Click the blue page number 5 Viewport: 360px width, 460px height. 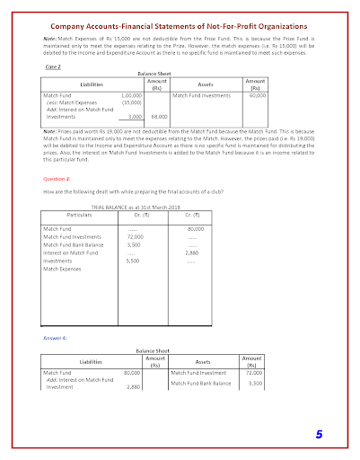pyautogui.click(x=318, y=435)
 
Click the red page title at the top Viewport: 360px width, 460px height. pyautogui.click(x=180, y=28)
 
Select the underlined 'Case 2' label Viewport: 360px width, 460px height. pyautogui.click(x=54, y=67)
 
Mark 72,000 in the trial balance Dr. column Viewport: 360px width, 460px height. pyautogui.click(x=136, y=236)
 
